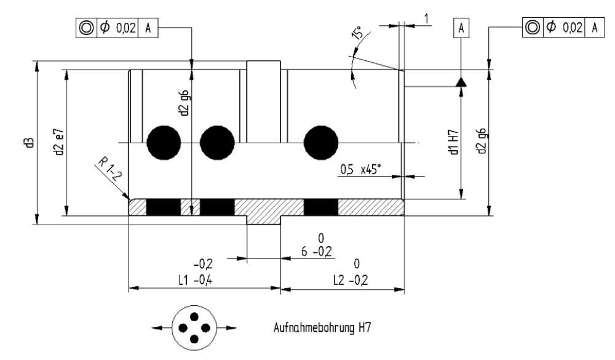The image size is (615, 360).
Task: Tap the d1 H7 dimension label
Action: pyautogui.click(x=454, y=142)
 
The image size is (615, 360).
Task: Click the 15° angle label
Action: pyautogui.click(x=357, y=33)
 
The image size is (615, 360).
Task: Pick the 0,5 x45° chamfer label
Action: pyautogui.click(x=360, y=170)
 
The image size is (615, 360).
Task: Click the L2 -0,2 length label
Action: pyautogui.click(x=351, y=280)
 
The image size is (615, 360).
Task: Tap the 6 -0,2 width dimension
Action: pyautogui.click(x=317, y=251)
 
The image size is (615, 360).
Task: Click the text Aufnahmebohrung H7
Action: pyautogui.click(x=322, y=327)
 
